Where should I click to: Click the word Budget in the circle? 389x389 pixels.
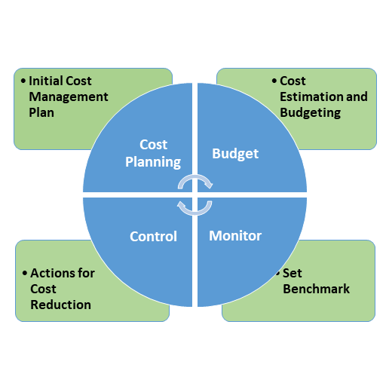tap(235, 154)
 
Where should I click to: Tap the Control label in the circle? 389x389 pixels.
tap(153, 236)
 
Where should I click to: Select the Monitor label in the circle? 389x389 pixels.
tap(235, 236)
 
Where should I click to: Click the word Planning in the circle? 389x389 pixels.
tap(153, 162)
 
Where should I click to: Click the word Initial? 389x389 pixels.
tap(44, 81)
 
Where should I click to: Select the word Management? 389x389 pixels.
tap(69, 96)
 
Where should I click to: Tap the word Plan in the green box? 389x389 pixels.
tap(41, 112)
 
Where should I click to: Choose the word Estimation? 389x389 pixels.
tap(311, 96)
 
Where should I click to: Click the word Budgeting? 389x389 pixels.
tap(311, 113)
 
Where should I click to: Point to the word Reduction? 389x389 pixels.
tap(60, 305)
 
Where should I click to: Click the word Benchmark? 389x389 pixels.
tap(316, 289)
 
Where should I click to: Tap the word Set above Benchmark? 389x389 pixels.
tap(292, 273)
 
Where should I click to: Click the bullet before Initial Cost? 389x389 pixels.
tap(23, 81)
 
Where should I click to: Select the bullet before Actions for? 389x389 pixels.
tap(25, 273)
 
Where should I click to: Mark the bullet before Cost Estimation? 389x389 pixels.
tap(274, 81)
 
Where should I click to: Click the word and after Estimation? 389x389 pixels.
tap(357, 96)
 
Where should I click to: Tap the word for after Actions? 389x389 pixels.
tap(86, 273)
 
